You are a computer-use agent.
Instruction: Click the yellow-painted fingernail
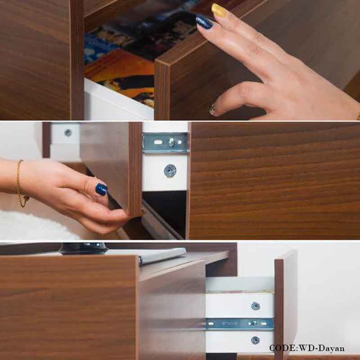point(219,11)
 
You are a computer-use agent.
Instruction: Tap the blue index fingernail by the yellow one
point(204,22)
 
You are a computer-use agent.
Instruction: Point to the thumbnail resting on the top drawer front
point(212,109)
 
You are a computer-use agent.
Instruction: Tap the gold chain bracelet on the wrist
point(21,184)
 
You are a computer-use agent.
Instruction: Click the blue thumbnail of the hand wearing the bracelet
point(101,189)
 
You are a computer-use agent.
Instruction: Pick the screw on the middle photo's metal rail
point(171,142)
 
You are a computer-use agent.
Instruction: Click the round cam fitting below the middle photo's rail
point(170,171)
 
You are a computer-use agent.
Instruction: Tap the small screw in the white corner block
point(68,132)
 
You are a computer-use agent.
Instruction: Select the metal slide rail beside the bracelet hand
point(166,143)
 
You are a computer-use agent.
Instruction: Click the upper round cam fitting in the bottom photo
point(255,306)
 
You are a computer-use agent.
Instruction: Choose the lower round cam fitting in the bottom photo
point(255,340)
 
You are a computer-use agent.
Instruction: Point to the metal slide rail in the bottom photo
point(239,324)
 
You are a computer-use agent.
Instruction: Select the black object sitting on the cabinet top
point(84,248)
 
